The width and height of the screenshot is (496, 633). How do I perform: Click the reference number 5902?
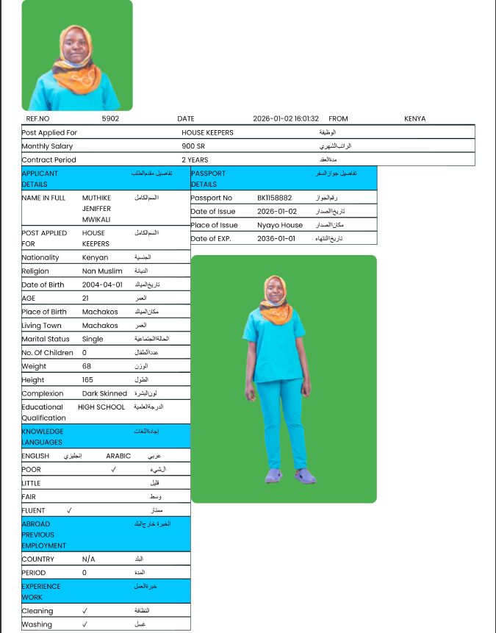(110, 118)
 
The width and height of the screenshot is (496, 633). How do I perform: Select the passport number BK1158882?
(274, 198)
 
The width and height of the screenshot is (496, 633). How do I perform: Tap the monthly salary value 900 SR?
(194, 146)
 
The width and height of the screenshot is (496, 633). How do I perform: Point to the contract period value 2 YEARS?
(195, 160)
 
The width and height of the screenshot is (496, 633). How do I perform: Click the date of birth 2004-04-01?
(101, 285)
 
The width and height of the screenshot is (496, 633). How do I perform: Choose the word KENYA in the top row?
(414, 118)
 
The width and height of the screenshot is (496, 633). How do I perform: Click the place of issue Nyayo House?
(279, 225)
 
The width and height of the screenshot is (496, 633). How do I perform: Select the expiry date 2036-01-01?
(276, 238)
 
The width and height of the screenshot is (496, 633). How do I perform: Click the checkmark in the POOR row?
(113, 469)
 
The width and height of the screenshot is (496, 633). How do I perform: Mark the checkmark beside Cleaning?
(85, 611)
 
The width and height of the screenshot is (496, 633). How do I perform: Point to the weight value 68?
(87, 366)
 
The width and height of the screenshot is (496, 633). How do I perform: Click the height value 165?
(88, 379)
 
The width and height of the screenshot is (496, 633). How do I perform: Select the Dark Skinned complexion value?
(104, 393)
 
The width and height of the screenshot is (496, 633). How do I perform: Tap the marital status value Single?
(93, 339)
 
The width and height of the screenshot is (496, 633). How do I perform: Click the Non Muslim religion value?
(102, 271)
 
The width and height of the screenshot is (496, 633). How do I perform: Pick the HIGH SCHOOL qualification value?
(101, 407)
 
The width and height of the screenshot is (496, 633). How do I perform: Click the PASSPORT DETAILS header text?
(208, 179)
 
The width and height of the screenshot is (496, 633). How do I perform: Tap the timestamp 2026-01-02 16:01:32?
(286, 118)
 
